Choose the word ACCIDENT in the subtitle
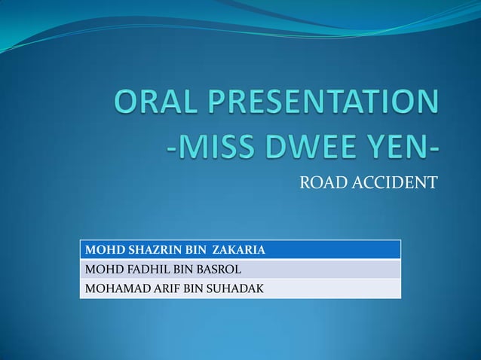tap(394, 182)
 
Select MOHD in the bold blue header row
tap(100, 249)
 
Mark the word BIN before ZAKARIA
tap(191, 249)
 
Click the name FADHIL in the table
tap(139, 269)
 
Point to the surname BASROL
tap(218, 269)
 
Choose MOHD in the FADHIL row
tap(100, 269)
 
